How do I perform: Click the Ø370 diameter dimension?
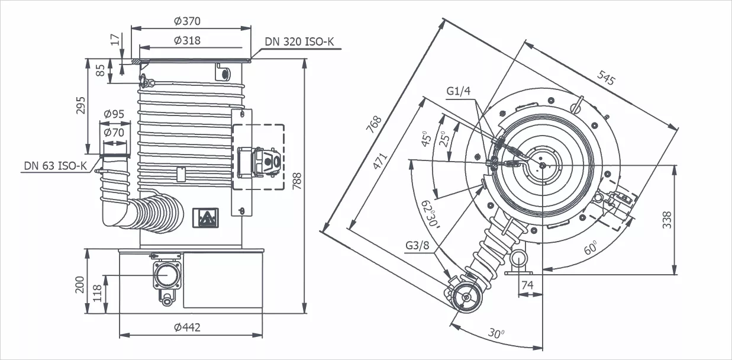tap(187, 21)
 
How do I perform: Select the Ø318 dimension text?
tap(187, 41)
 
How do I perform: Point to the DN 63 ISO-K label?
tap(55, 165)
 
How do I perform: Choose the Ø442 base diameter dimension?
tap(187, 327)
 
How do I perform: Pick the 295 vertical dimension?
tap(82, 105)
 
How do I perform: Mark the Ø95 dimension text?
tap(114, 114)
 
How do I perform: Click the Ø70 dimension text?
tap(114, 133)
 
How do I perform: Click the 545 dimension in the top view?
tap(606, 78)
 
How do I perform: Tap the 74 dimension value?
tap(527, 285)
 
